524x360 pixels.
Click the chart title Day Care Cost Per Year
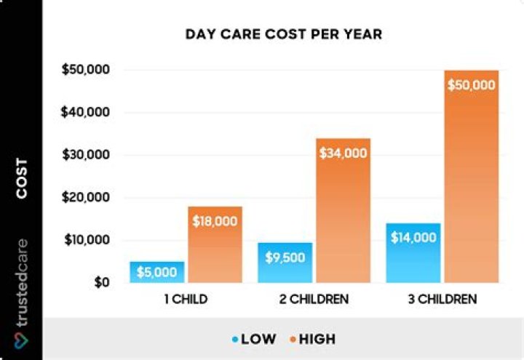[283, 34]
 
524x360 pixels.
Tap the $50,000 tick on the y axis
[86, 71]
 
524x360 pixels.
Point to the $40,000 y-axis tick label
[86, 113]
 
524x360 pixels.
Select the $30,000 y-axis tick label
[86, 155]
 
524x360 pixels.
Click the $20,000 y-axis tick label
[86, 198]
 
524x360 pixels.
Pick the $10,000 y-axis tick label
[86, 240]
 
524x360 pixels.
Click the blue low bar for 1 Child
[157, 273]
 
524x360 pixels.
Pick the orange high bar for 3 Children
[472, 182]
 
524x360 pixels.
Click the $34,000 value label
[343, 153]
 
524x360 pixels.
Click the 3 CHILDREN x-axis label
[442, 299]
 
